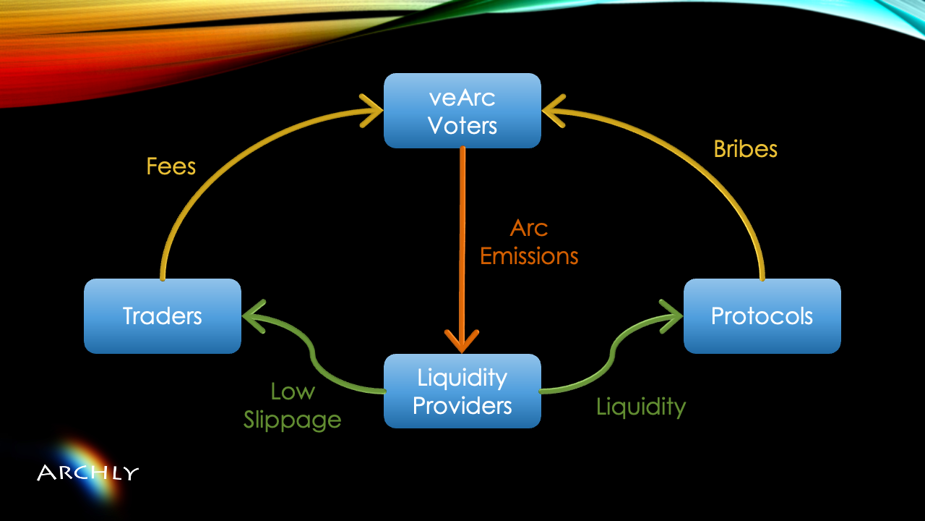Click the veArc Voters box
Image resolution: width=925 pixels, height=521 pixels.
coord(462,111)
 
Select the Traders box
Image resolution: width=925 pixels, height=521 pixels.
coord(163,316)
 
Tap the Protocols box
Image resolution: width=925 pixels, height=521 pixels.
coord(762,316)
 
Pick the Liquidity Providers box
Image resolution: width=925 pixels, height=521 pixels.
coord(462,391)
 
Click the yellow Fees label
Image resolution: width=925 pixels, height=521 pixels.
coord(171,166)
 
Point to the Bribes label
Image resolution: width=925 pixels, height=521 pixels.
coord(745,149)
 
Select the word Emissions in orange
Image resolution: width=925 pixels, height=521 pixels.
coord(529,256)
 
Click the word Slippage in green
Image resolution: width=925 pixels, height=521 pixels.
coord(292,420)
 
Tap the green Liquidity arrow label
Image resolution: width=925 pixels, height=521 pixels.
coord(640,407)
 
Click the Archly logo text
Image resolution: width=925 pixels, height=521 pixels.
coord(87,474)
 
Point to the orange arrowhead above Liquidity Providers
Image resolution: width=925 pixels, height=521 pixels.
coord(462,339)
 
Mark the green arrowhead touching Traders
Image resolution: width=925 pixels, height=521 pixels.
coord(254,317)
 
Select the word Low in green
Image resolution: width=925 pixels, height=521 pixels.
coord(293,391)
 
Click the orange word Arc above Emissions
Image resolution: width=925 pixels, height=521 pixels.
coord(529,228)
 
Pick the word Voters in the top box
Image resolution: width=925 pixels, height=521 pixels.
coord(462,125)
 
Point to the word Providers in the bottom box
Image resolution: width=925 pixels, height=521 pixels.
coord(462,405)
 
